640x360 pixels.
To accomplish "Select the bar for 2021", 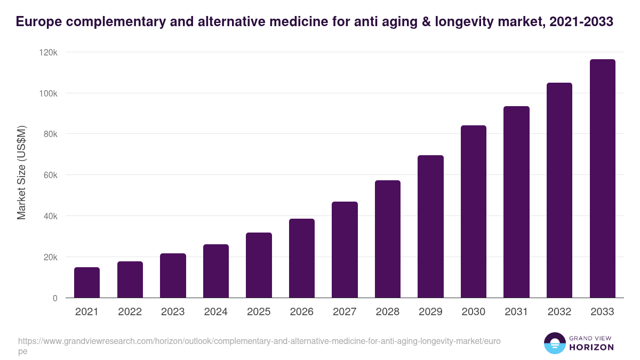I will pos(87,283).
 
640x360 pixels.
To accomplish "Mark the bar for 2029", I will pos(430,227).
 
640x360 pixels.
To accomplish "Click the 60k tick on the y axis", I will pos(50,175).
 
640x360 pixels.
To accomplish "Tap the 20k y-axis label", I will pos(50,257).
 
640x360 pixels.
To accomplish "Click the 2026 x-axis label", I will pos(302,312).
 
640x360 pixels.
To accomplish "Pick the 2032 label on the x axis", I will pos(559,312).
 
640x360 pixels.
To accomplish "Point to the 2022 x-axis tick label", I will pos(130,312).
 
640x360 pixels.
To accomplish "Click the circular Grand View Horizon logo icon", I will pos(554,343).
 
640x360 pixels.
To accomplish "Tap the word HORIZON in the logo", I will pos(591,347).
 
